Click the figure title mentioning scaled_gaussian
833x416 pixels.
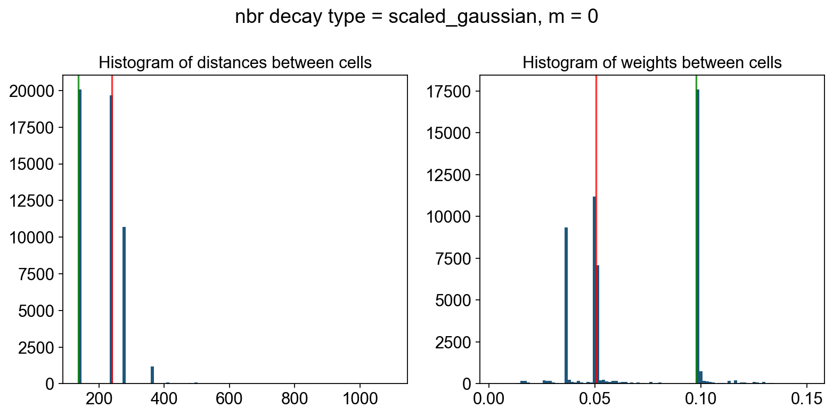click(x=416, y=17)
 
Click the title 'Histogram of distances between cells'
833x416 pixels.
click(x=235, y=63)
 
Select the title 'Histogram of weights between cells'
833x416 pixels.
click(x=652, y=63)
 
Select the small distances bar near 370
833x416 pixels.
click(x=152, y=375)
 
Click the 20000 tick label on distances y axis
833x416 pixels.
click(x=35, y=91)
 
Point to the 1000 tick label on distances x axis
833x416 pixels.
click(x=360, y=398)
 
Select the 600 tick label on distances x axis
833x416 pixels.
click(x=230, y=398)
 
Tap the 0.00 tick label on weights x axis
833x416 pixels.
click(x=489, y=398)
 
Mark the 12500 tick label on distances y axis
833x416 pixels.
click(x=35, y=201)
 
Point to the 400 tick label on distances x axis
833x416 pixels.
click(x=165, y=398)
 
